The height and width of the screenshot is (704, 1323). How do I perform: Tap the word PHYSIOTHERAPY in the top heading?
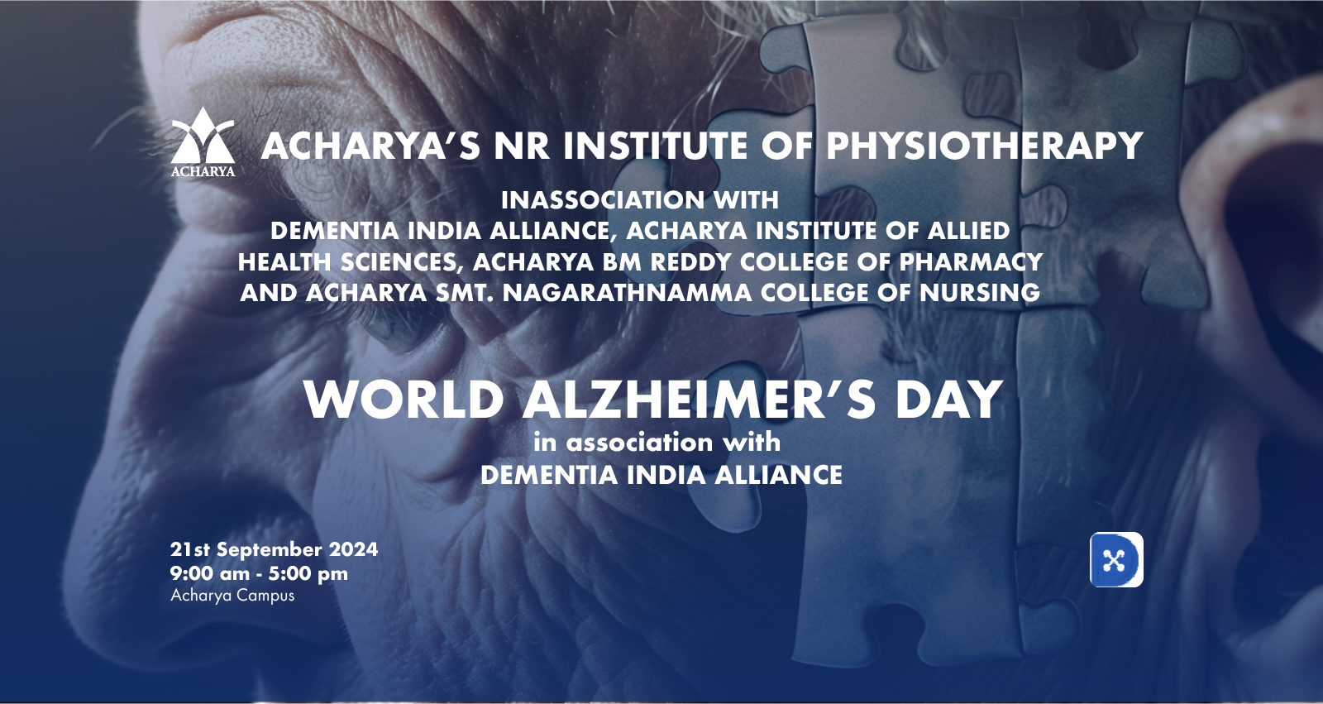pyautogui.click(x=984, y=146)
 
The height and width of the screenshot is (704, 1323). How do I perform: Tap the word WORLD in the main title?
pyautogui.click(x=404, y=400)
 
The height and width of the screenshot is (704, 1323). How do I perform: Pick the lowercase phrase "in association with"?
pyautogui.click(x=657, y=442)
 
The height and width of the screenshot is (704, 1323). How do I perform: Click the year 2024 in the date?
pyautogui.click(x=353, y=549)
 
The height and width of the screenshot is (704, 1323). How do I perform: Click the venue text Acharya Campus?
pyautogui.click(x=232, y=596)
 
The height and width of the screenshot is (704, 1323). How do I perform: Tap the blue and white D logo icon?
pyautogui.click(x=1116, y=560)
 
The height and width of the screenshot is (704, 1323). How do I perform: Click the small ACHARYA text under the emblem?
pyautogui.click(x=203, y=171)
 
